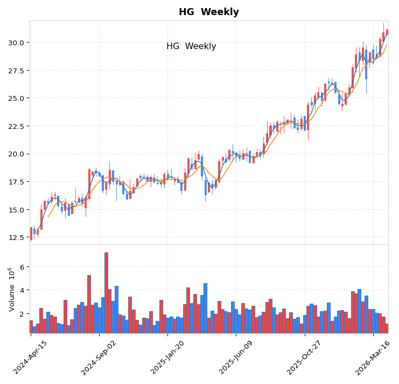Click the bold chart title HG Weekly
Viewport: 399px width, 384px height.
coord(208,12)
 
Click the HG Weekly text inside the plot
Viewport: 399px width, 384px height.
coord(191,46)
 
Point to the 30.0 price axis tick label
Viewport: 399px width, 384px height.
coord(15,43)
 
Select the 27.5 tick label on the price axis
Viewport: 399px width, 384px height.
coord(15,71)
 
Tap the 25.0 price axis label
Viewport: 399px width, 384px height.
coord(15,98)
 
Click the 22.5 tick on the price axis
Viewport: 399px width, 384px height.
coord(15,126)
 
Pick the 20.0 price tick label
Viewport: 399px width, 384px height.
coord(15,154)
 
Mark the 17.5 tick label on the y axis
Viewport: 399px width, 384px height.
coord(15,182)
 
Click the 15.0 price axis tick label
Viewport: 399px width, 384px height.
coord(15,210)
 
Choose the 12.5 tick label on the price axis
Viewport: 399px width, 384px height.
coord(15,238)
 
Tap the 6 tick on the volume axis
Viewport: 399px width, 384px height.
coord(22,267)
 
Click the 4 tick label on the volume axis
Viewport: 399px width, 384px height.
coord(22,290)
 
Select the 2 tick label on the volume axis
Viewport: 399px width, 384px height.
coord(22,314)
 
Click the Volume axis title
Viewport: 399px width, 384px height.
coord(11,289)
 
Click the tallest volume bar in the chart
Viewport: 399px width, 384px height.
coord(106,292)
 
